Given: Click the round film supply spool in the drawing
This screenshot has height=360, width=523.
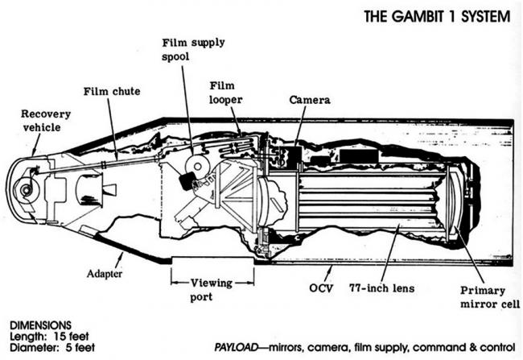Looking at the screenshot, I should (x=193, y=165).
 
